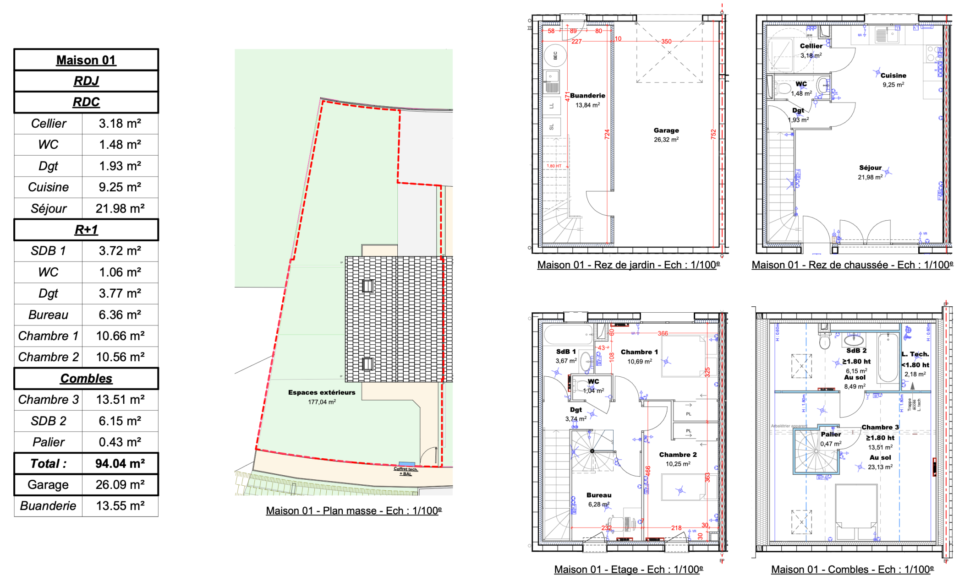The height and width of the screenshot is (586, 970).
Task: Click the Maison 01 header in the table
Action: tap(86, 60)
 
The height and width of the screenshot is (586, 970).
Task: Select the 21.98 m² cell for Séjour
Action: tap(120, 209)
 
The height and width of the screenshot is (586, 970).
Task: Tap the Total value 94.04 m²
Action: tap(120, 464)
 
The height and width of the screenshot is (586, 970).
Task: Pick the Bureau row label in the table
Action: tap(48, 315)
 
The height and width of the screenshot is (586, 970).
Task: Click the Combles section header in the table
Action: tap(86, 379)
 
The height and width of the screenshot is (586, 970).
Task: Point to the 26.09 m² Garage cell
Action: tap(120, 485)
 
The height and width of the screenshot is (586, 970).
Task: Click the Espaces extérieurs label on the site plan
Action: tap(322, 393)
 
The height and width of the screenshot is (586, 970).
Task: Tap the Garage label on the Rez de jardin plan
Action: tap(666, 131)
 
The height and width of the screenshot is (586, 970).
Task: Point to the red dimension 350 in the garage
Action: tap(666, 42)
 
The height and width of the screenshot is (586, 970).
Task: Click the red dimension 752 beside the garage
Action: tap(713, 134)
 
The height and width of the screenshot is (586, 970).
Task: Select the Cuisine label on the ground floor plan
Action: tap(893, 76)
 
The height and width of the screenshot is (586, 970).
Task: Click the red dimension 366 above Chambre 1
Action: tap(663, 334)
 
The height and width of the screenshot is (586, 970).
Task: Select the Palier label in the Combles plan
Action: tap(831, 434)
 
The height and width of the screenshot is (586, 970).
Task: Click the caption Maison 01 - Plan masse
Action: tap(354, 511)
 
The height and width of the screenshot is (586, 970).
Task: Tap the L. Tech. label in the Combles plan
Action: tap(915, 354)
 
